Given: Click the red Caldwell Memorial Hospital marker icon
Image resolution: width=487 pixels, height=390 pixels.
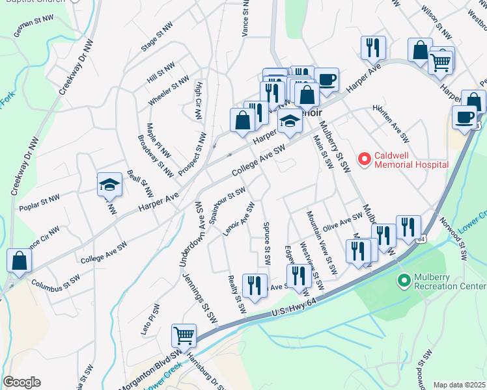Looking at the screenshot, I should pos(365,158).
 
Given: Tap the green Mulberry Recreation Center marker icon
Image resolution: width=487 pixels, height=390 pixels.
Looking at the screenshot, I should pos(404,280).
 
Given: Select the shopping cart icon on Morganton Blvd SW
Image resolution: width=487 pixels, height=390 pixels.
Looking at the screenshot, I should pos(184,335).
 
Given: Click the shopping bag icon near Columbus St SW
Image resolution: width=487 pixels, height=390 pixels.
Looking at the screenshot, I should pos(20,260).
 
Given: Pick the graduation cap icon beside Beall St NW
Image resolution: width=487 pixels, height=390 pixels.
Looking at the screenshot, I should pos(109,185).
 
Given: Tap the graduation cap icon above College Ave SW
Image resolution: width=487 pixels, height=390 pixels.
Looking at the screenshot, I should pos(290,120).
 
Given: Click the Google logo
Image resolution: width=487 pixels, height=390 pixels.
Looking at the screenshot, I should pos(21,382).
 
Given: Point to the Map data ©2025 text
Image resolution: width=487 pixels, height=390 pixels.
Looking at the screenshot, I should pos(459,385).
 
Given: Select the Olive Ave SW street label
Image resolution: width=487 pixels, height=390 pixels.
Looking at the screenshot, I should pos(342,221).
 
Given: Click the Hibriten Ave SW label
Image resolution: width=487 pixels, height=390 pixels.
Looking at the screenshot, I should pos(390,123).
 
